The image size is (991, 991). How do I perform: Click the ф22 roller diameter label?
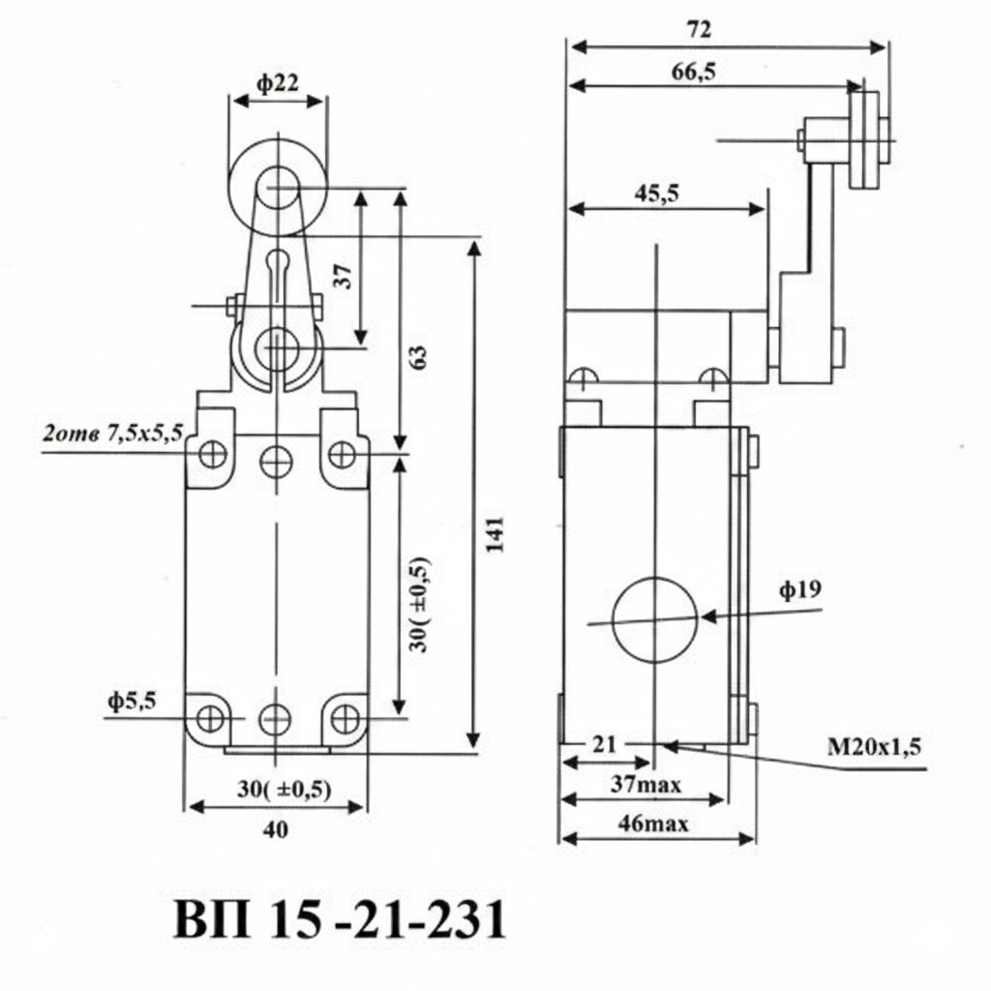click(x=278, y=83)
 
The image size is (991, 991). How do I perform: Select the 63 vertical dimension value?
click(x=418, y=357)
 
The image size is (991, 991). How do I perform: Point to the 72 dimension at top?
click(x=699, y=29)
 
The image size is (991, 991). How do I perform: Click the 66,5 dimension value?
click(x=693, y=73)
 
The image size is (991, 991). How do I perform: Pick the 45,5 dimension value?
click(x=657, y=194)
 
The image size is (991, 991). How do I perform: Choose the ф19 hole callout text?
click(x=800, y=589)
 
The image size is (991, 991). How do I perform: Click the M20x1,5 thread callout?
click(x=874, y=748)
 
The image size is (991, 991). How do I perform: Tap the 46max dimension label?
click(x=653, y=825)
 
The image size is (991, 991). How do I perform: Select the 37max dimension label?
click(x=646, y=785)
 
